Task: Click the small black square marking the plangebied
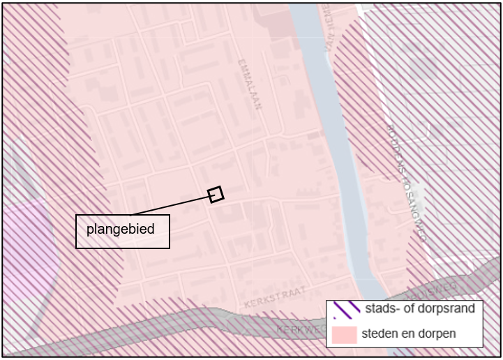(216, 194)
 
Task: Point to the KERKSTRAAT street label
(275, 301)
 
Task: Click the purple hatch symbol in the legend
(347, 309)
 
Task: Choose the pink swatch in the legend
(345, 333)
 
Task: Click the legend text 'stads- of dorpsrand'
(419, 309)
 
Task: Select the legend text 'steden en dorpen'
(409, 333)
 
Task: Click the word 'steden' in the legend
(379, 333)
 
